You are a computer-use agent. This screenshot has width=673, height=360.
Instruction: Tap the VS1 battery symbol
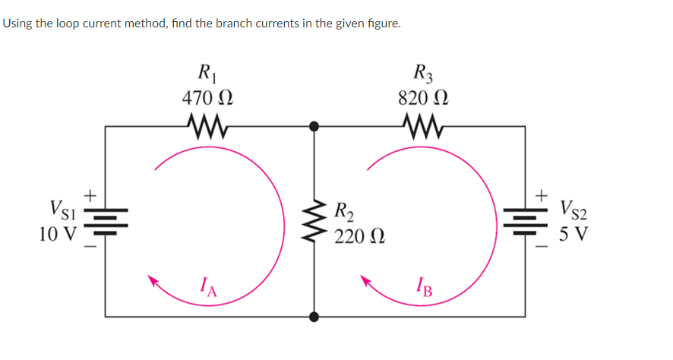[106, 219]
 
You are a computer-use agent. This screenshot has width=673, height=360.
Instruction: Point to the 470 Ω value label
[206, 98]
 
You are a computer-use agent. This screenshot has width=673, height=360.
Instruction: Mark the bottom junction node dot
[314, 315]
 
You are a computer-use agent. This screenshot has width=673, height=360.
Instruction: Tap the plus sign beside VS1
[89, 196]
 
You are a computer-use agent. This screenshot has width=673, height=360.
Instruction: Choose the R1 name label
[206, 74]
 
